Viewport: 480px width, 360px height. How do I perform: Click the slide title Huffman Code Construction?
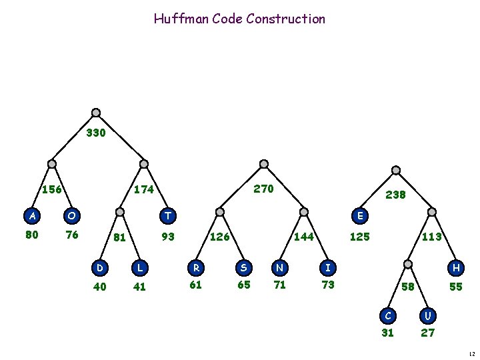pyautogui.click(x=239, y=19)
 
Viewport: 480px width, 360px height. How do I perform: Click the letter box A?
pyautogui.click(x=31, y=215)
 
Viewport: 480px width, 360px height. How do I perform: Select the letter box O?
pyautogui.click(x=71, y=215)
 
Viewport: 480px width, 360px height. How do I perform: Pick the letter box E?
pyautogui.click(x=360, y=215)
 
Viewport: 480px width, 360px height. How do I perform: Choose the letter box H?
pyautogui.click(x=457, y=267)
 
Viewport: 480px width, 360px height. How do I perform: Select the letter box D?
pyautogui.click(x=100, y=267)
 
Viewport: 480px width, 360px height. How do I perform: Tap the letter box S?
pyautogui.click(x=244, y=267)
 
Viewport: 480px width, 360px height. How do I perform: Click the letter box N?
pyautogui.click(x=279, y=267)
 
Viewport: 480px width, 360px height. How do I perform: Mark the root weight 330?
pyautogui.click(x=96, y=133)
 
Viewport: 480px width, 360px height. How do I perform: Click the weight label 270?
pyautogui.click(x=264, y=189)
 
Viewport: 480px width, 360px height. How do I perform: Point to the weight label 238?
pyautogui.click(x=396, y=195)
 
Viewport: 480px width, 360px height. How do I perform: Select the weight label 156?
pyautogui.click(x=52, y=189)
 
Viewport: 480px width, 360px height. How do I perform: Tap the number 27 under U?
pyautogui.click(x=427, y=333)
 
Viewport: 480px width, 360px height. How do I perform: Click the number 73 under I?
pyautogui.click(x=327, y=285)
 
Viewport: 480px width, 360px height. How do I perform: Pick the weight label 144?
pyautogui.click(x=304, y=236)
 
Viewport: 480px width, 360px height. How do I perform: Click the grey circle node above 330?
pyautogui.click(x=96, y=113)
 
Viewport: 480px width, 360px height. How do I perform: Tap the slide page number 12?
pyautogui.click(x=471, y=354)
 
